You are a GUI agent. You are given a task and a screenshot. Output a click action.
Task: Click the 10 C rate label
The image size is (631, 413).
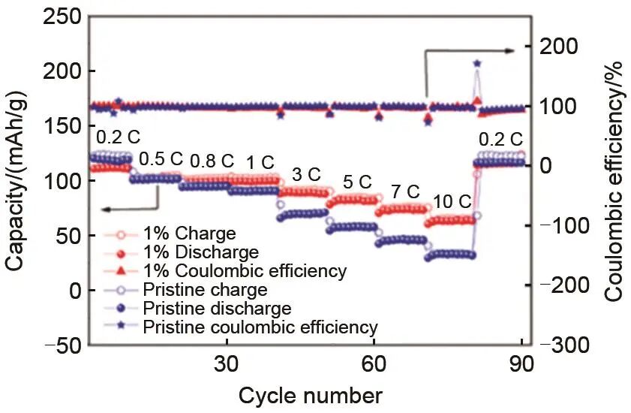point(452,202)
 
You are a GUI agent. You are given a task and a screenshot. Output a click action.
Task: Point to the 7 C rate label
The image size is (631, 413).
point(403,191)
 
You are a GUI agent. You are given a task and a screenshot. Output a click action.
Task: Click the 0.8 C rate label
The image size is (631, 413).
point(212,161)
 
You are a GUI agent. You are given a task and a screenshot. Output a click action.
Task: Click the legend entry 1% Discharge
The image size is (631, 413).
point(212,252)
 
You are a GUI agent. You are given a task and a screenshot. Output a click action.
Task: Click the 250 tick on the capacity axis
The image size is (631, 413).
point(57,16)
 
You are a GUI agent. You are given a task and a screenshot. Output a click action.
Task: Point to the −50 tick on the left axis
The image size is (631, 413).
point(54,345)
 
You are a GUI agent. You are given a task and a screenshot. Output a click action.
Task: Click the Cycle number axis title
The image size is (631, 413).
point(311,395)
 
